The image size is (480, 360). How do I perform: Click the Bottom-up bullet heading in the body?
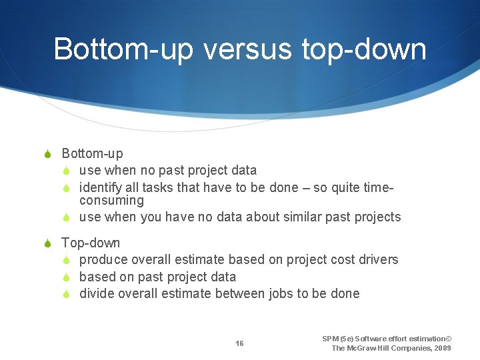click(x=92, y=154)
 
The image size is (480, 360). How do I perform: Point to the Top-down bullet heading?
click(x=91, y=243)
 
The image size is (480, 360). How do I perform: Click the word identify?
click(x=100, y=188)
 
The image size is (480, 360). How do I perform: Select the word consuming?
click(x=111, y=201)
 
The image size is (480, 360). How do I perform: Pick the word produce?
click(x=103, y=260)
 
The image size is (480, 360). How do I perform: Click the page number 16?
click(x=239, y=343)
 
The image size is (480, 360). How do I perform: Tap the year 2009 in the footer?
click(x=442, y=348)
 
